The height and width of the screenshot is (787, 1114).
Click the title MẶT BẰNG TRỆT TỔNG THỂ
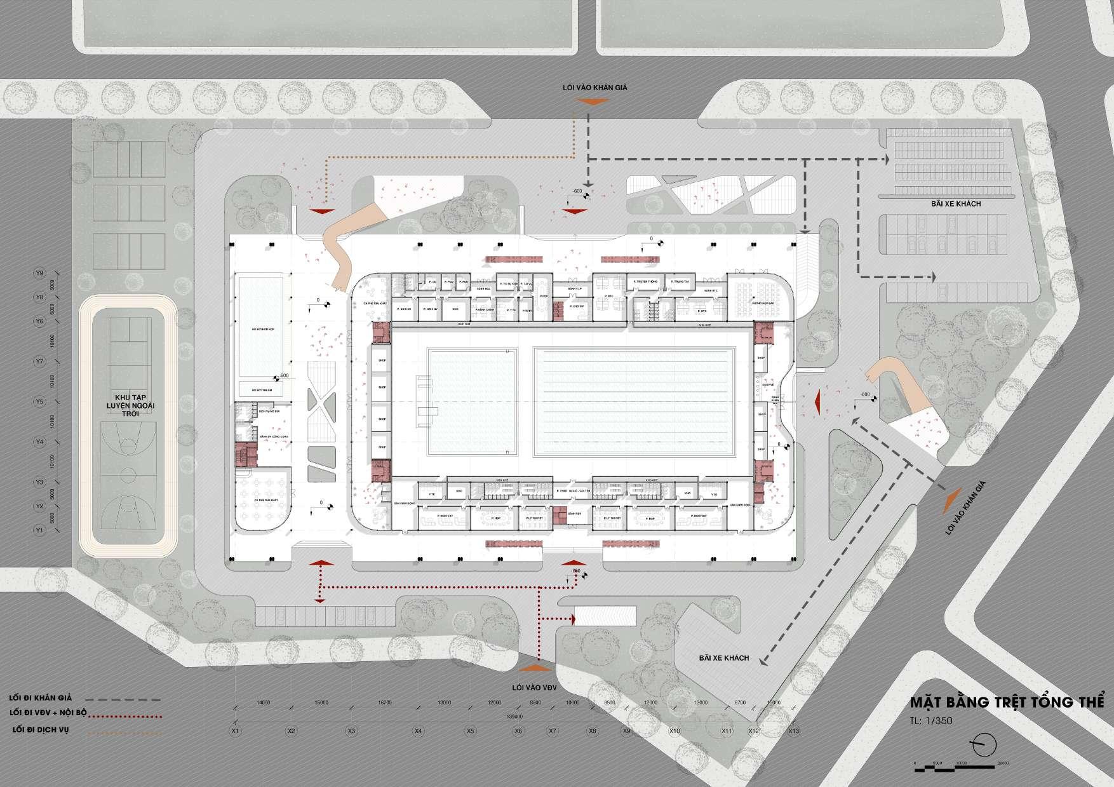coord(1008,703)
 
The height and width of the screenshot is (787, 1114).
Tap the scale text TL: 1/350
coord(931,721)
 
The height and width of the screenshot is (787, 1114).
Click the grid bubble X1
coord(235,731)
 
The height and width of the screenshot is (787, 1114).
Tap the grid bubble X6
coord(519,731)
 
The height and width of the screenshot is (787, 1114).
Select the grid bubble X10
coord(674,731)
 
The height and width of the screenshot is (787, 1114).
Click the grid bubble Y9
coord(39,273)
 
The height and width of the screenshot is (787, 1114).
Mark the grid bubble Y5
coord(39,401)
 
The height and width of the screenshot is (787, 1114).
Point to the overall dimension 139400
coord(514,716)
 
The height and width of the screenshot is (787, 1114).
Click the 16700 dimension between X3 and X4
coord(384,703)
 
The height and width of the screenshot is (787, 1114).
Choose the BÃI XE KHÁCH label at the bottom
coord(723,658)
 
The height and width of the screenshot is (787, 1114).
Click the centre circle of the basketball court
coord(129,473)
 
